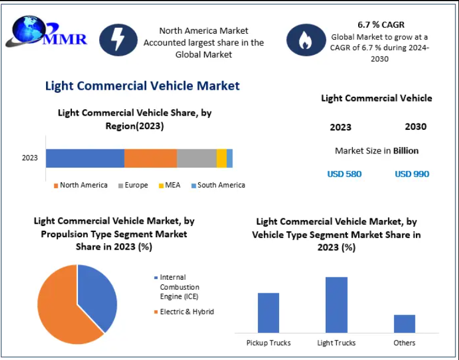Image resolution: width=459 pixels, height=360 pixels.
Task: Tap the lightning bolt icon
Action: coord(119,40)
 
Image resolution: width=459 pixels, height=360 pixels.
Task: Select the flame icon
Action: coord(305,40)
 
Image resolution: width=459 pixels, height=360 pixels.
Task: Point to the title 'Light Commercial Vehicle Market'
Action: coord(142,86)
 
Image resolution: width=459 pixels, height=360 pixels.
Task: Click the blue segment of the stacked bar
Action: coord(85,158)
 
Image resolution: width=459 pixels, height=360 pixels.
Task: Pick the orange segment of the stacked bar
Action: coord(150,158)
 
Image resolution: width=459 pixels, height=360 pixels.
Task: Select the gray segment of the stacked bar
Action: coord(196,158)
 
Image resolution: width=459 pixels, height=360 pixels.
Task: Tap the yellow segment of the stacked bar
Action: coord(221,158)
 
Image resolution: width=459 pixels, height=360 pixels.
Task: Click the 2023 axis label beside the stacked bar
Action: coord(30,158)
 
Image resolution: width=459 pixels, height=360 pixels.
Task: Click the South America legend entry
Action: coord(218,185)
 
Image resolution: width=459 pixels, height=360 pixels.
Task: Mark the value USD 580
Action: coord(345,174)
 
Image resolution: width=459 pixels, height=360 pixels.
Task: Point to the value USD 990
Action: coord(412,174)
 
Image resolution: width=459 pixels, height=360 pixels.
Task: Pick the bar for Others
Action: coord(405,324)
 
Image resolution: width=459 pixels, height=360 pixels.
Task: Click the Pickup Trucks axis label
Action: coord(268,343)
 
